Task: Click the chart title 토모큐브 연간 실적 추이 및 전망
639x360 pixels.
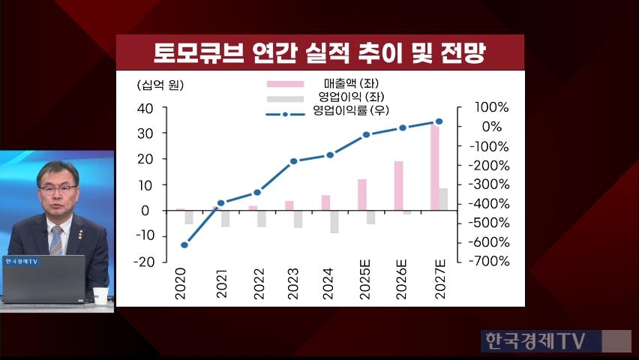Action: click(319, 53)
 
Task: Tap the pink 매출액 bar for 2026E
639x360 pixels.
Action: click(398, 186)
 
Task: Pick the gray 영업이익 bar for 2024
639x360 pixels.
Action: click(334, 222)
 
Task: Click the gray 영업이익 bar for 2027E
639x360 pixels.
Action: click(443, 199)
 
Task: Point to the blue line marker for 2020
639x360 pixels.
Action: click(184, 244)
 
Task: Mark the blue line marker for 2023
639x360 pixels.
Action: click(293, 161)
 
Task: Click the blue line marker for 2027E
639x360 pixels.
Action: click(439, 121)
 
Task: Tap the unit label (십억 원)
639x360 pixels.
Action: click(159, 85)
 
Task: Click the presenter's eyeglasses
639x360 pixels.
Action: click(57, 190)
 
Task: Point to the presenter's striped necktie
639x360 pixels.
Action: click(56, 239)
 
